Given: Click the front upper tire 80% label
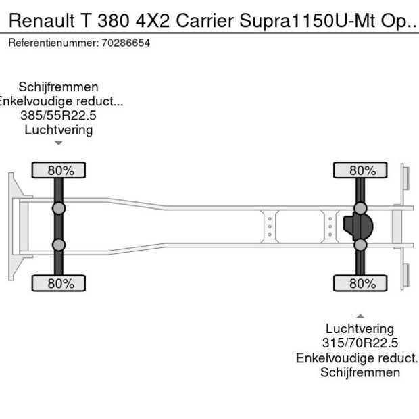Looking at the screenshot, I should tap(59, 170).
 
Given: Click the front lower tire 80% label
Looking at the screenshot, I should tap(59, 283).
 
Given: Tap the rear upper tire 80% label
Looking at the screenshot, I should tap(361, 170).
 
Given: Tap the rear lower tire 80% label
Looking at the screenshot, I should tap(361, 283).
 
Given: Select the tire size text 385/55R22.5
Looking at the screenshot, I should tap(58, 116).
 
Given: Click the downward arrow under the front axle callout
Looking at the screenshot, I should tap(59, 143).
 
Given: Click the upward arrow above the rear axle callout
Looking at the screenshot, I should tap(360, 316).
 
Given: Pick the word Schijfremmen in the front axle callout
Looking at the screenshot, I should tap(58, 87).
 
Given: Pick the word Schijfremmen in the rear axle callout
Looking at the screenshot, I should tap(360, 372).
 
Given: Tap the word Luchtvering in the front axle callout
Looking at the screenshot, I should tap(58, 130).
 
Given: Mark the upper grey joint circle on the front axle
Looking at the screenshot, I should tap(59, 208).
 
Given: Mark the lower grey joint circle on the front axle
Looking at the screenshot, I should tap(59, 245).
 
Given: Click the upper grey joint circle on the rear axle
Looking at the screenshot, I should tap(360, 207).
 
